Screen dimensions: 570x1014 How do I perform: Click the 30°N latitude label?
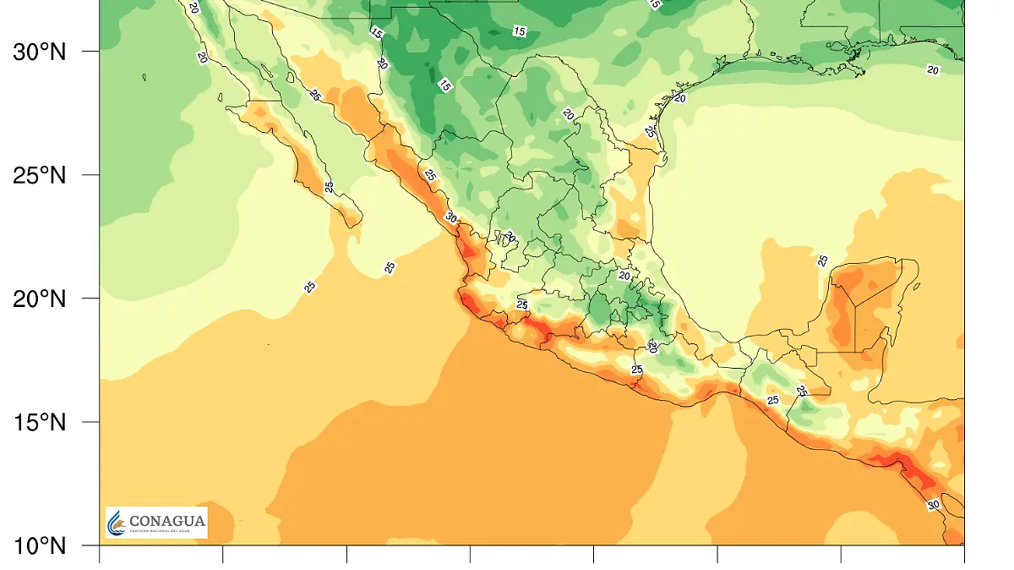point(39,52)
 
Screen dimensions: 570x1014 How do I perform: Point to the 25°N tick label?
point(39,175)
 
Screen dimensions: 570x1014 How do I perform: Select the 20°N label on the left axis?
point(39,299)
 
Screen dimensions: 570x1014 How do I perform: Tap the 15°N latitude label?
point(39,422)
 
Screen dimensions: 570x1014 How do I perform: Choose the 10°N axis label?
point(39,545)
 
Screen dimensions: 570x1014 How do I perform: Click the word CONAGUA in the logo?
point(166,521)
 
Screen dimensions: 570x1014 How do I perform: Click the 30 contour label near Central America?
point(933,505)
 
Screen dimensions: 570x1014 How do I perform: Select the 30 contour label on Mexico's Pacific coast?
point(451,218)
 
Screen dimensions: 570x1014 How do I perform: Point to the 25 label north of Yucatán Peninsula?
point(823,260)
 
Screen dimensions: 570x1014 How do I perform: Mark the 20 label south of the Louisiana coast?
point(933,69)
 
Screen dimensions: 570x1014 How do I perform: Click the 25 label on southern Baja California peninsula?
point(330,186)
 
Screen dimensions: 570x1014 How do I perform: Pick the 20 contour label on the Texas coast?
point(680,98)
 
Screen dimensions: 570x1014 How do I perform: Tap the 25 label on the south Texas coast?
point(650,132)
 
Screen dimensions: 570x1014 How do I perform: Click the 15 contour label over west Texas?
point(519,31)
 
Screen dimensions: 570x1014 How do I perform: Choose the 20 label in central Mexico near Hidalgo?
point(624,275)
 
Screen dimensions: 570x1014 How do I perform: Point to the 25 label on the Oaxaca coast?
point(637,370)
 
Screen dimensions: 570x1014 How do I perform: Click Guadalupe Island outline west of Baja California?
point(144,78)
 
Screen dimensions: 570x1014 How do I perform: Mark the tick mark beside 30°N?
point(91,52)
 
